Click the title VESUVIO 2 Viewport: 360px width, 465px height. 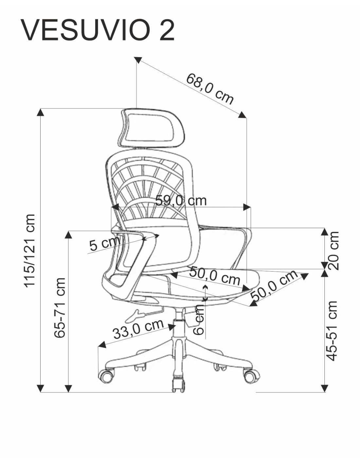[x=98, y=30]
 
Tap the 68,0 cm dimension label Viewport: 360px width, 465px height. [x=210, y=89]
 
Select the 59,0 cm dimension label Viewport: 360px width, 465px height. [x=181, y=200]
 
